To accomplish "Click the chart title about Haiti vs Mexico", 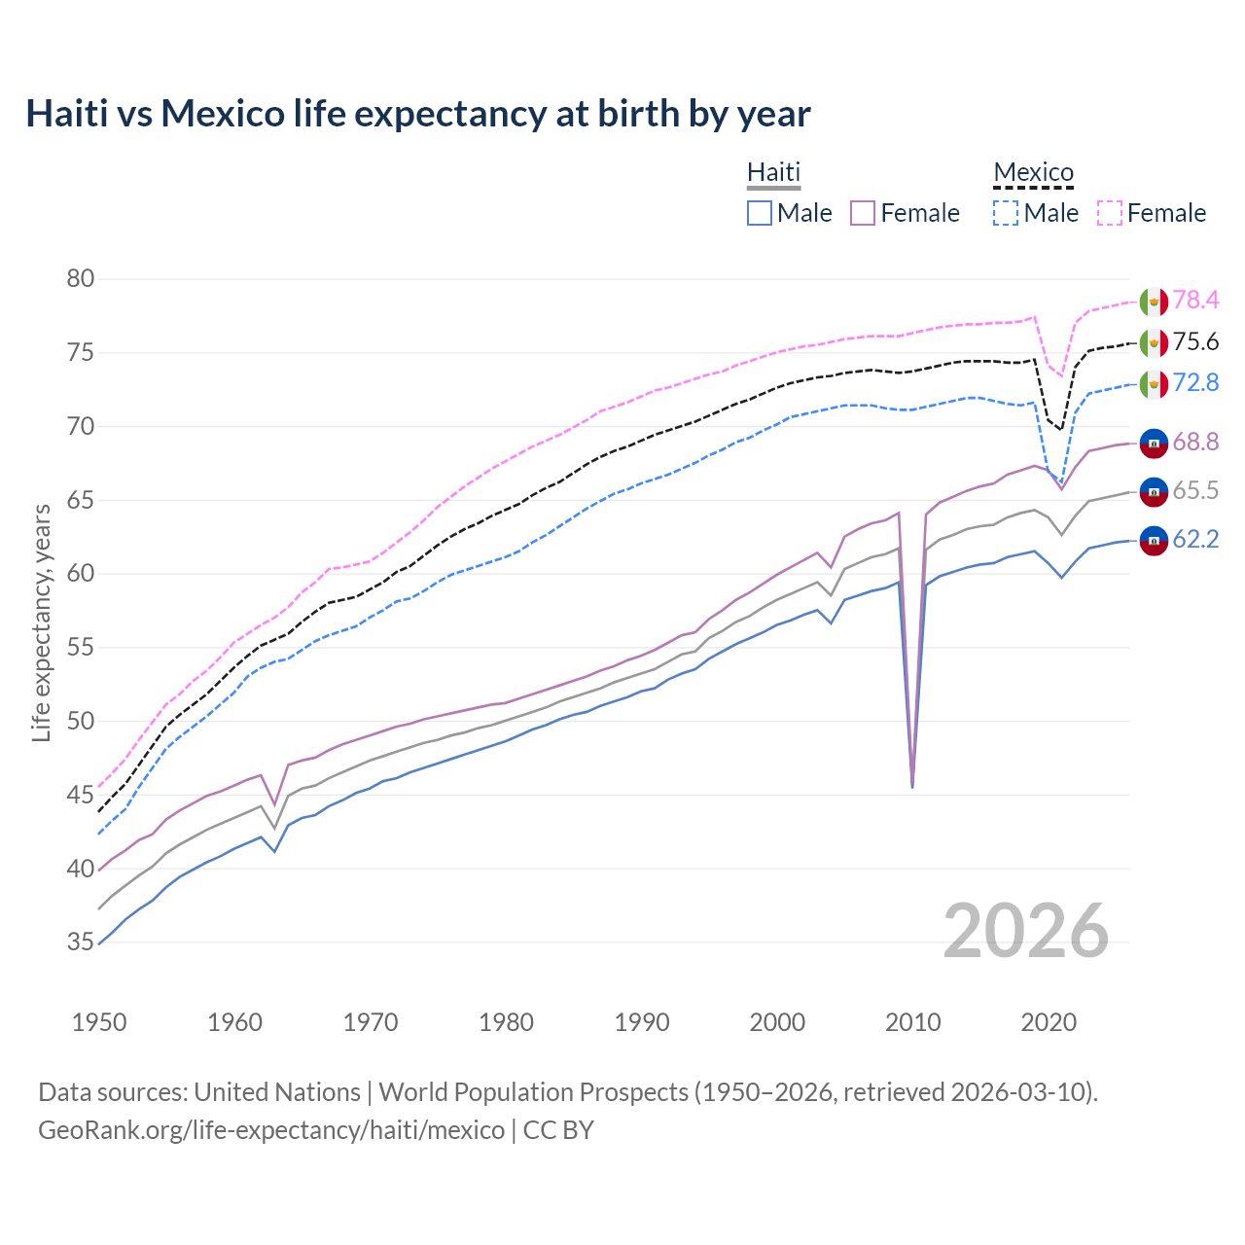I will point(417,114).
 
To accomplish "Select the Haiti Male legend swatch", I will point(760,213).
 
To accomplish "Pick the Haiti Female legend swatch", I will point(864,213).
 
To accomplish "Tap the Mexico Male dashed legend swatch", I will point(1006,213).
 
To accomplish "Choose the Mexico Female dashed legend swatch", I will point(1110,213).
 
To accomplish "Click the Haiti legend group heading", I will point(773,172).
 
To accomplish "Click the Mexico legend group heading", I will point(1033,172).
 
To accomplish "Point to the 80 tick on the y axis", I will point(81,279).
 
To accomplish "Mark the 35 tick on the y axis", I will point(81,943).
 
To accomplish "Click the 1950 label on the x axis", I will point(99,1022).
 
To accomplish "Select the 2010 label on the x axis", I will point(912,1022).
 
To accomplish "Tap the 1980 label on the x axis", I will point(506,1022).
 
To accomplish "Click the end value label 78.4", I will point(1195,301).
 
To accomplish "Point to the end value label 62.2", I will point(1195,540).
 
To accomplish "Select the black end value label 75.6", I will point(1195,342).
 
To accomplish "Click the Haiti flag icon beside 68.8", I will point(1154,443).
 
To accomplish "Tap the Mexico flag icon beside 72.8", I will point(1154,383).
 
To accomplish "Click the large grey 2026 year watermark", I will point(1026,931).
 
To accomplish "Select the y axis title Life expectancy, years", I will point(41,622).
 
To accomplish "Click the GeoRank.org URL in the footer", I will point(271,1130).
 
